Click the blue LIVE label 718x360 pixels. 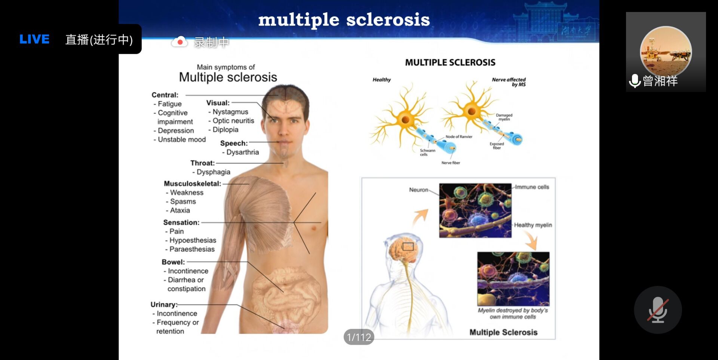34,39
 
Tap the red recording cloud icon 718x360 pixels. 179,42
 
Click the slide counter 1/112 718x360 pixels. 359,337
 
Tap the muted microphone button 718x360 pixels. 658,310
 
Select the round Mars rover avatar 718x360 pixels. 666,52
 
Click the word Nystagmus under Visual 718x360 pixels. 230,112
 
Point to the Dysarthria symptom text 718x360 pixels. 242,152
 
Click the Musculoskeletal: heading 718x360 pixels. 192,184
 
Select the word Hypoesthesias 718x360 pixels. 193,240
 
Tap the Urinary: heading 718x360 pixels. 164,305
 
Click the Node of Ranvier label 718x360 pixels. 459,137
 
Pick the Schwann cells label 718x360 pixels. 427,153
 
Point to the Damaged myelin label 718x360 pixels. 504,117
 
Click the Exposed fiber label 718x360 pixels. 497,146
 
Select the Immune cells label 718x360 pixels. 532,187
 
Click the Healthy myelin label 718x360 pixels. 533,225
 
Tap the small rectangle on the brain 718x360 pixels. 408,246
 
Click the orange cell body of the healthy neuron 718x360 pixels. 405,120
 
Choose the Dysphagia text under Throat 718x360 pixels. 213,172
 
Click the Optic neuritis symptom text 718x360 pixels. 233,121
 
